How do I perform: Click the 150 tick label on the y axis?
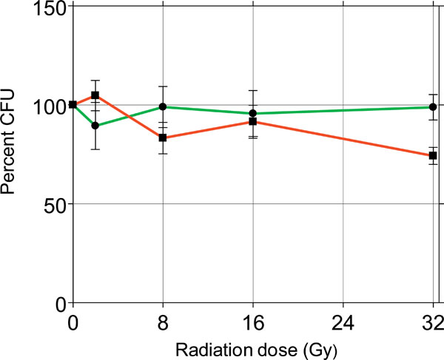click(45, 8)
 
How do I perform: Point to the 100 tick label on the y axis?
click(45, 105)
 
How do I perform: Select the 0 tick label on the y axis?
click(56, 303)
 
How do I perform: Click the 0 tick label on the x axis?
click(73, 323)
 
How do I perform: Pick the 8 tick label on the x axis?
click(163, 323)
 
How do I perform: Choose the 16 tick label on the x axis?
click(253, 323)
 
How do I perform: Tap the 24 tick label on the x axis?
click(343, 323)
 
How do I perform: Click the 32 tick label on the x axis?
click(433, 323)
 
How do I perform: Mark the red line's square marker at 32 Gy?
click(433, 156)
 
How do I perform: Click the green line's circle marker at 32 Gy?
click(433, 106)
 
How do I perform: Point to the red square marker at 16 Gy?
click(253, 121)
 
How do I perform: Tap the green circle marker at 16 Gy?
click(253, 113)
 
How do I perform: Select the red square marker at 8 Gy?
click(163, 138)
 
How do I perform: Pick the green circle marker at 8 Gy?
click(163, 106)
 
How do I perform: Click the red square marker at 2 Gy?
click(95, 95)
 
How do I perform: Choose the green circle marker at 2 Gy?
click(95, 126)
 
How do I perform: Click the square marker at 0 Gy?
click(73, 104)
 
